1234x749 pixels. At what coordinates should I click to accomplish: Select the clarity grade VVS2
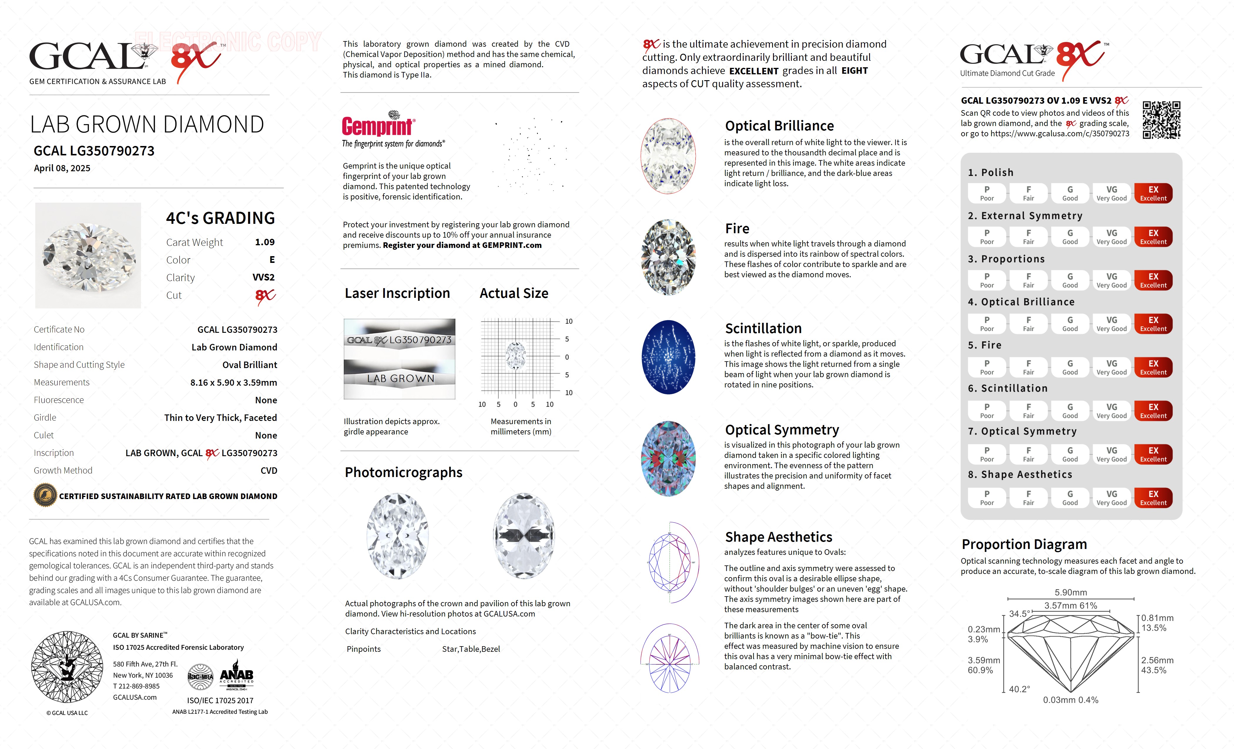[264, 277]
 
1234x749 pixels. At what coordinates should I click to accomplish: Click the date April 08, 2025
[62, 168]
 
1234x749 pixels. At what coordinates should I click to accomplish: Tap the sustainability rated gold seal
[45, 496]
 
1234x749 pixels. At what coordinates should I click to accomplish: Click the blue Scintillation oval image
[669, 357]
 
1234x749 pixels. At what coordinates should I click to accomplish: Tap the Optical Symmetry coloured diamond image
[669, 459]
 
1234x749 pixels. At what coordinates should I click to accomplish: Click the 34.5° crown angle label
[1019, 614]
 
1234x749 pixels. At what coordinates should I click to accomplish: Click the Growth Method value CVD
[269, 471]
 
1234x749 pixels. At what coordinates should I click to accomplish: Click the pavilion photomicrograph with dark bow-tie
[524, 536]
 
